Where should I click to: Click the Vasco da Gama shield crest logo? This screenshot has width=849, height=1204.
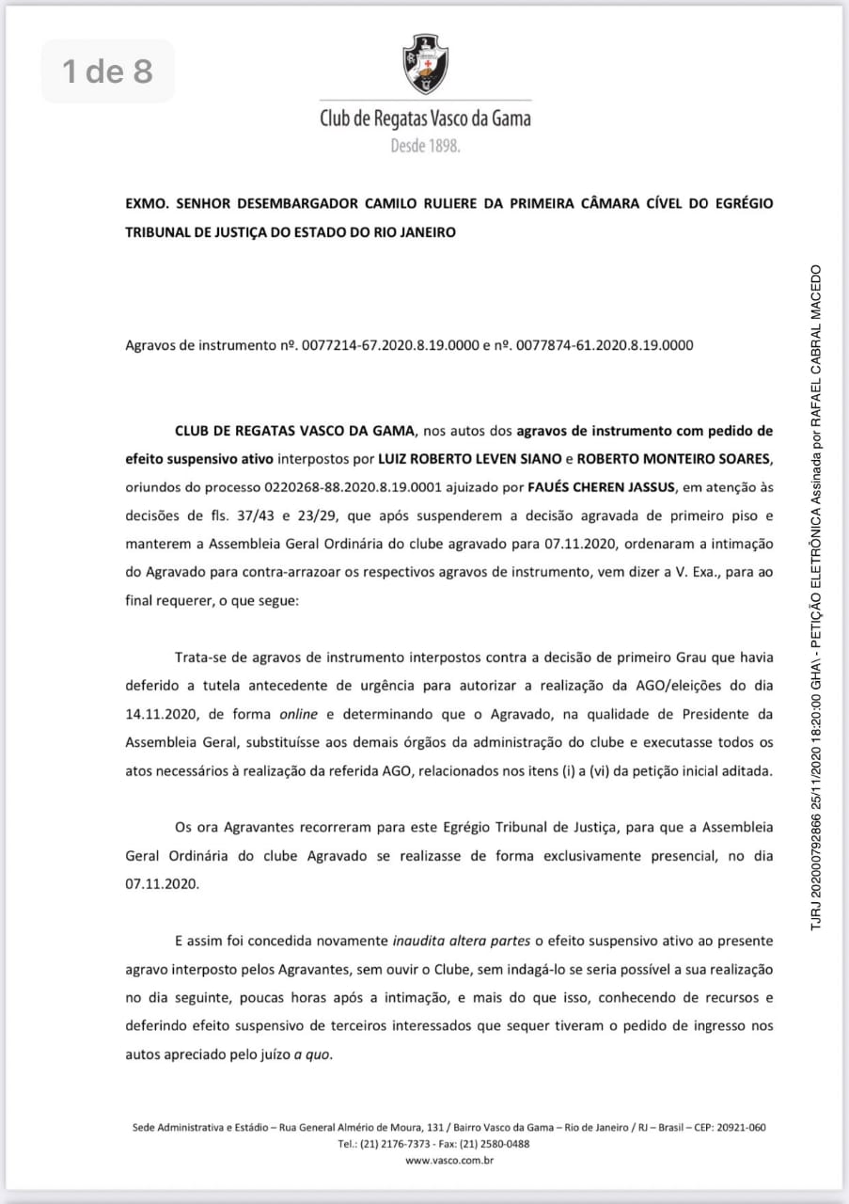coord(425,63)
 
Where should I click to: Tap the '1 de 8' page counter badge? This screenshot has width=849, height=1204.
coord(107,71)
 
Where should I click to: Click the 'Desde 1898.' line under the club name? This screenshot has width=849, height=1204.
coord(426,147)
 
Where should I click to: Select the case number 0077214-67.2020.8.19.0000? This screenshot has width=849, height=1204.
coord(385,344)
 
